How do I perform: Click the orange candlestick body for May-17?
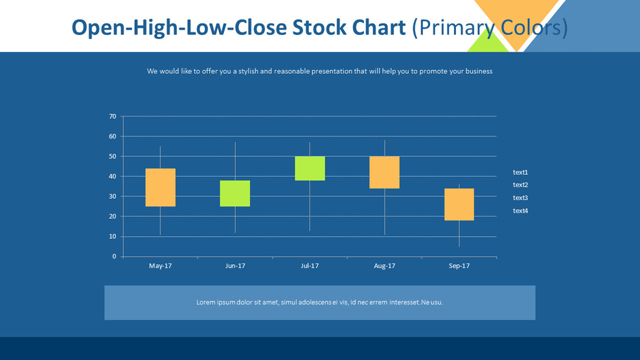click(160, 187)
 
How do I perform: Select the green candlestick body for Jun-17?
click(235, 193)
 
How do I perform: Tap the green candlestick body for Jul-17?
click(310, 168)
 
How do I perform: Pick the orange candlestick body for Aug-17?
click(384, 172)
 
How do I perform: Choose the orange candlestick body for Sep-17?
click(459, 205)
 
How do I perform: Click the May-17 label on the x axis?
click(160, 265)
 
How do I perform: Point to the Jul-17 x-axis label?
click(310, 265)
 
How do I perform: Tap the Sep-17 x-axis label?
click(459, 265)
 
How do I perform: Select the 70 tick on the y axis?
click(113, 117)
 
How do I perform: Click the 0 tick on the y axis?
click(114, 256)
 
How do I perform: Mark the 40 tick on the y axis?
click(113, 176)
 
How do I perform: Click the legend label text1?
click(520, 172)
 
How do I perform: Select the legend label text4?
click(520, 210)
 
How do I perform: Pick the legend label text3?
click(520, 197)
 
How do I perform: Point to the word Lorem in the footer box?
click(207, 302)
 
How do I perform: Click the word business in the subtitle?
click(478, 71)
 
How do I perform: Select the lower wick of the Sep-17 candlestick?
click(459, 234)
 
